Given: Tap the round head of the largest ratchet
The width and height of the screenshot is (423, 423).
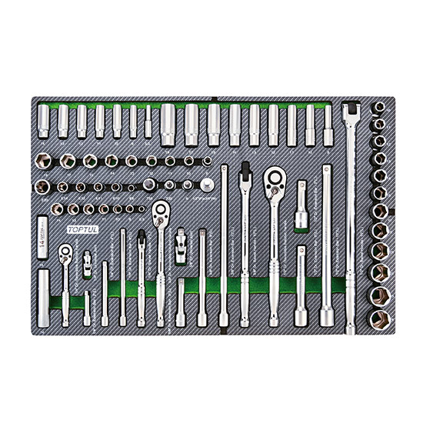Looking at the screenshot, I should coord(274,181).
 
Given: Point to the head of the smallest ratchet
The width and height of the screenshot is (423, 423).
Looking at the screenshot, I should coord(66,251).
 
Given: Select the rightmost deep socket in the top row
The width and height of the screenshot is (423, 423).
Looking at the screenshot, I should coord(328,121).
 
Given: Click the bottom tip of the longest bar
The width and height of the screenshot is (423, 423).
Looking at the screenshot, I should coord(352,329).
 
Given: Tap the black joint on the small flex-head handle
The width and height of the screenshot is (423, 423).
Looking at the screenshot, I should coord(142,239).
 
